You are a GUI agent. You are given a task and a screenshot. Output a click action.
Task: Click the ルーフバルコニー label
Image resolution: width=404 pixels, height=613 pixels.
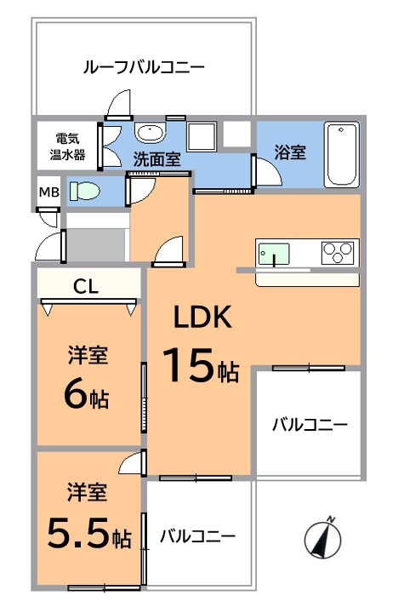point(144,67)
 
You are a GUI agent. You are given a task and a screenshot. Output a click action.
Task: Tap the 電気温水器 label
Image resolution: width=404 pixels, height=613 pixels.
point(67,146)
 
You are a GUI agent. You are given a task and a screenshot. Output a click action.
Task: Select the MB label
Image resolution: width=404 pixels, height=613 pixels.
point(49,192)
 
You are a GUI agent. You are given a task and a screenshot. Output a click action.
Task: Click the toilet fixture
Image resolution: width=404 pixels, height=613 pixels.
point(85,192)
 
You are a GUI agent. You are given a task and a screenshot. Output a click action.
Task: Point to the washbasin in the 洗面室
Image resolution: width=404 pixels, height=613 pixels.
point(150,132)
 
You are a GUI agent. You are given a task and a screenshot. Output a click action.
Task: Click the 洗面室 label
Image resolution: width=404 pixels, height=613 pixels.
point(156,158)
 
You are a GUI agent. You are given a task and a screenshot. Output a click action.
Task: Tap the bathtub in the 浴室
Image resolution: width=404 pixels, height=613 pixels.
point(341,154)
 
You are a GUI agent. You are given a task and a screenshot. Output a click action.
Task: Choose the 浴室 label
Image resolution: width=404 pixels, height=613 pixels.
point(290,152)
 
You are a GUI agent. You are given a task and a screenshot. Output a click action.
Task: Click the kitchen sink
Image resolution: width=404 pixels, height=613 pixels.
point(274,254)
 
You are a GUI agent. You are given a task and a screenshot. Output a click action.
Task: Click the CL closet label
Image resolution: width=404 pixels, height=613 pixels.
point(86,287)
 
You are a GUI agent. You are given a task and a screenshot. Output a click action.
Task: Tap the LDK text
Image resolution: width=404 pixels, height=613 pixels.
point(202,317)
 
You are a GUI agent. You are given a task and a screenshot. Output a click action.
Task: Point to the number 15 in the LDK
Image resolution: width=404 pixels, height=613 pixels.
point(189,364)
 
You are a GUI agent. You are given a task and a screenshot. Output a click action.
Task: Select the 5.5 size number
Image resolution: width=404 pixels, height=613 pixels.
point(77,532)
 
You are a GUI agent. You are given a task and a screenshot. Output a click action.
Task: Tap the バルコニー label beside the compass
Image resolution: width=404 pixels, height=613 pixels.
point(197,536)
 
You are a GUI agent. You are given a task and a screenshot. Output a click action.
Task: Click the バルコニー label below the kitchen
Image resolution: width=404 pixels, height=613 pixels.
point(310,425)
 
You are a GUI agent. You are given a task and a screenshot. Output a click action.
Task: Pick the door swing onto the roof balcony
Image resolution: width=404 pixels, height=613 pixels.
point(118,103)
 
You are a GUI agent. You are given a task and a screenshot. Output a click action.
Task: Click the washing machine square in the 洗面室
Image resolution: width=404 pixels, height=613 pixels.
point(202,136)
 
